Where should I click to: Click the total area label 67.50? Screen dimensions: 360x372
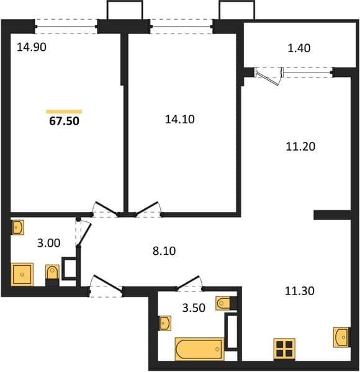(64, 121)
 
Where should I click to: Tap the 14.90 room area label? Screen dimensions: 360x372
(32, 47)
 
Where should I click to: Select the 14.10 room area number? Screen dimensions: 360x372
(180, 119)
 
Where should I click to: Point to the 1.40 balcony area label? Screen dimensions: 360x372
(299, 48)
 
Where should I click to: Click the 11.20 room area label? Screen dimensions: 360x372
(300, 146)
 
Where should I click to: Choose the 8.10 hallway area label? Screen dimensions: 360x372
(164, 251)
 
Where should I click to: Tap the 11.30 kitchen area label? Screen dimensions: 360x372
(299, 291)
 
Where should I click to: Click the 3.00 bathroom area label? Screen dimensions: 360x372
(48, 243)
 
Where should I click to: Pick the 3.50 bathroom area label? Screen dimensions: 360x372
(194, 308)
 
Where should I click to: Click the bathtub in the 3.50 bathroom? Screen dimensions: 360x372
(199, 349)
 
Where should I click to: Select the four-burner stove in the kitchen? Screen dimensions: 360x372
(284, 348)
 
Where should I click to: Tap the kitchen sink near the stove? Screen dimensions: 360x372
(341, 337)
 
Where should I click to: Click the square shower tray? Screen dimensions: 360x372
(22, 275)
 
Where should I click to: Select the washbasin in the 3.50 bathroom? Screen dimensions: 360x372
(165, 323)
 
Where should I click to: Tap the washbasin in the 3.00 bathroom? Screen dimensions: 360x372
(18, 228)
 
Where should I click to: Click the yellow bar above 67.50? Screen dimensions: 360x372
(64, 112)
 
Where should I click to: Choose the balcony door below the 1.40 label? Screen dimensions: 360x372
(269, 76)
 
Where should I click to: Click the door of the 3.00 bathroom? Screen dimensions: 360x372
(84, 234)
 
